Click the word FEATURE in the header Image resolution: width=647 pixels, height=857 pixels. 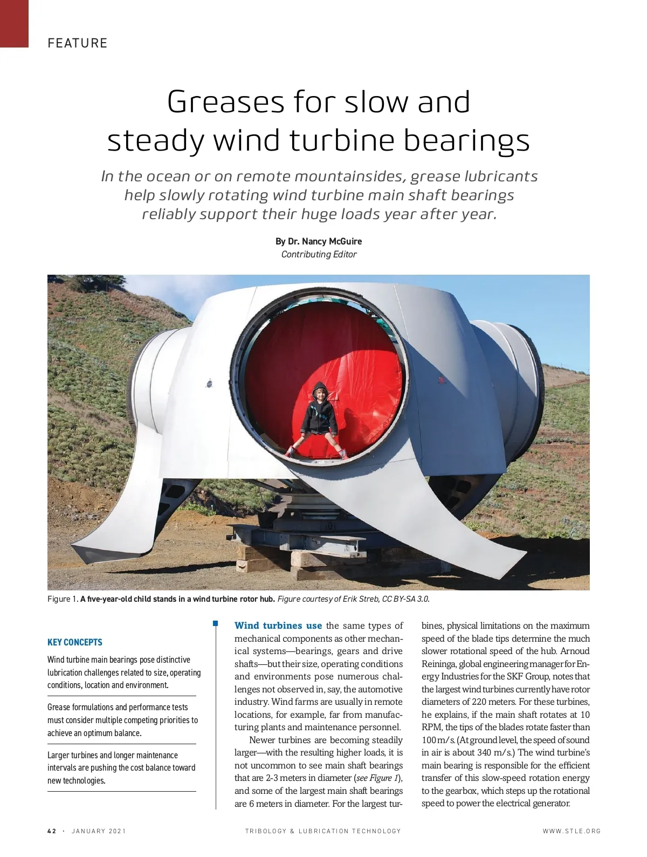tap(77, 43)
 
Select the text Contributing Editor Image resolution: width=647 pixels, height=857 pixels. tap(319, 254)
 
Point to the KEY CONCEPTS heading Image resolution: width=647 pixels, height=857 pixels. tap(75, 642)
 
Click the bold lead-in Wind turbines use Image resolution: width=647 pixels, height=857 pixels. tap(278, 626)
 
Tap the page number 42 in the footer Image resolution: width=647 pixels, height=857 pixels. tap(52, 831)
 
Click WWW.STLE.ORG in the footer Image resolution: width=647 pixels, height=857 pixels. tap(572, 831)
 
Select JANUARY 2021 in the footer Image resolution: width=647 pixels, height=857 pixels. tap(99, 831)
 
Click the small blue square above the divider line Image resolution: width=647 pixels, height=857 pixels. tap(216, 624)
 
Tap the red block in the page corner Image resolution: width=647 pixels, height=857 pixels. tap(14, 23)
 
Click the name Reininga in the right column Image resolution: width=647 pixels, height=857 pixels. tap(438, 664)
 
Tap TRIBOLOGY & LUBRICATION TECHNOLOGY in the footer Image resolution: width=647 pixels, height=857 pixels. tap(323, 831)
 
